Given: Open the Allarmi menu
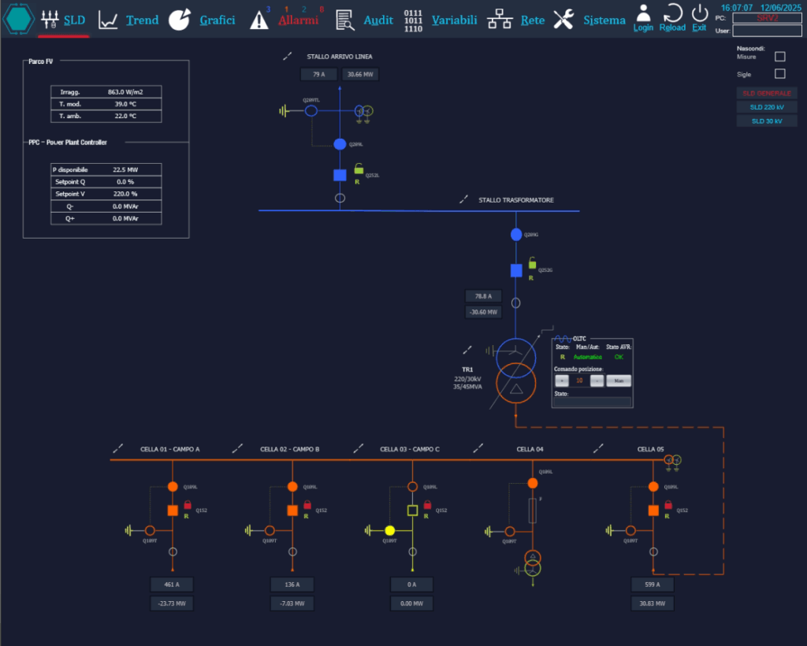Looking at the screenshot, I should pos(288,20).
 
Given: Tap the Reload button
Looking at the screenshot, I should pos(672,17).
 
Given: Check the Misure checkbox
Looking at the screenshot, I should pos(780,57).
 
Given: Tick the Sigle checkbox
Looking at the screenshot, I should pos(780,74).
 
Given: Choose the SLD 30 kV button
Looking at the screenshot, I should pos(766,121).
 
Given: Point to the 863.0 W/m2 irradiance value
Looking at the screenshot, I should pos(125,92).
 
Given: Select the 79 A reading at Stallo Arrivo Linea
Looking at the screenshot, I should pos(318,74).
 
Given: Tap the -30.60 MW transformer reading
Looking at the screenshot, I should pos(483,312).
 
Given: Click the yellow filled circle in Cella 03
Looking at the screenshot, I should pos(389,530).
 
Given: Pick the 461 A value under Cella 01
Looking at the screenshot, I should pos(171,585).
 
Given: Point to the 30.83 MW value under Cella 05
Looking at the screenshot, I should pos(653,603).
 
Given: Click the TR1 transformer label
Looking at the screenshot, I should pos(467,369).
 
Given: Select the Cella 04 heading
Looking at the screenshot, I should pos(530,449).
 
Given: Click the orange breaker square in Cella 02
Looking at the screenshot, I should pos(292,510).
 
